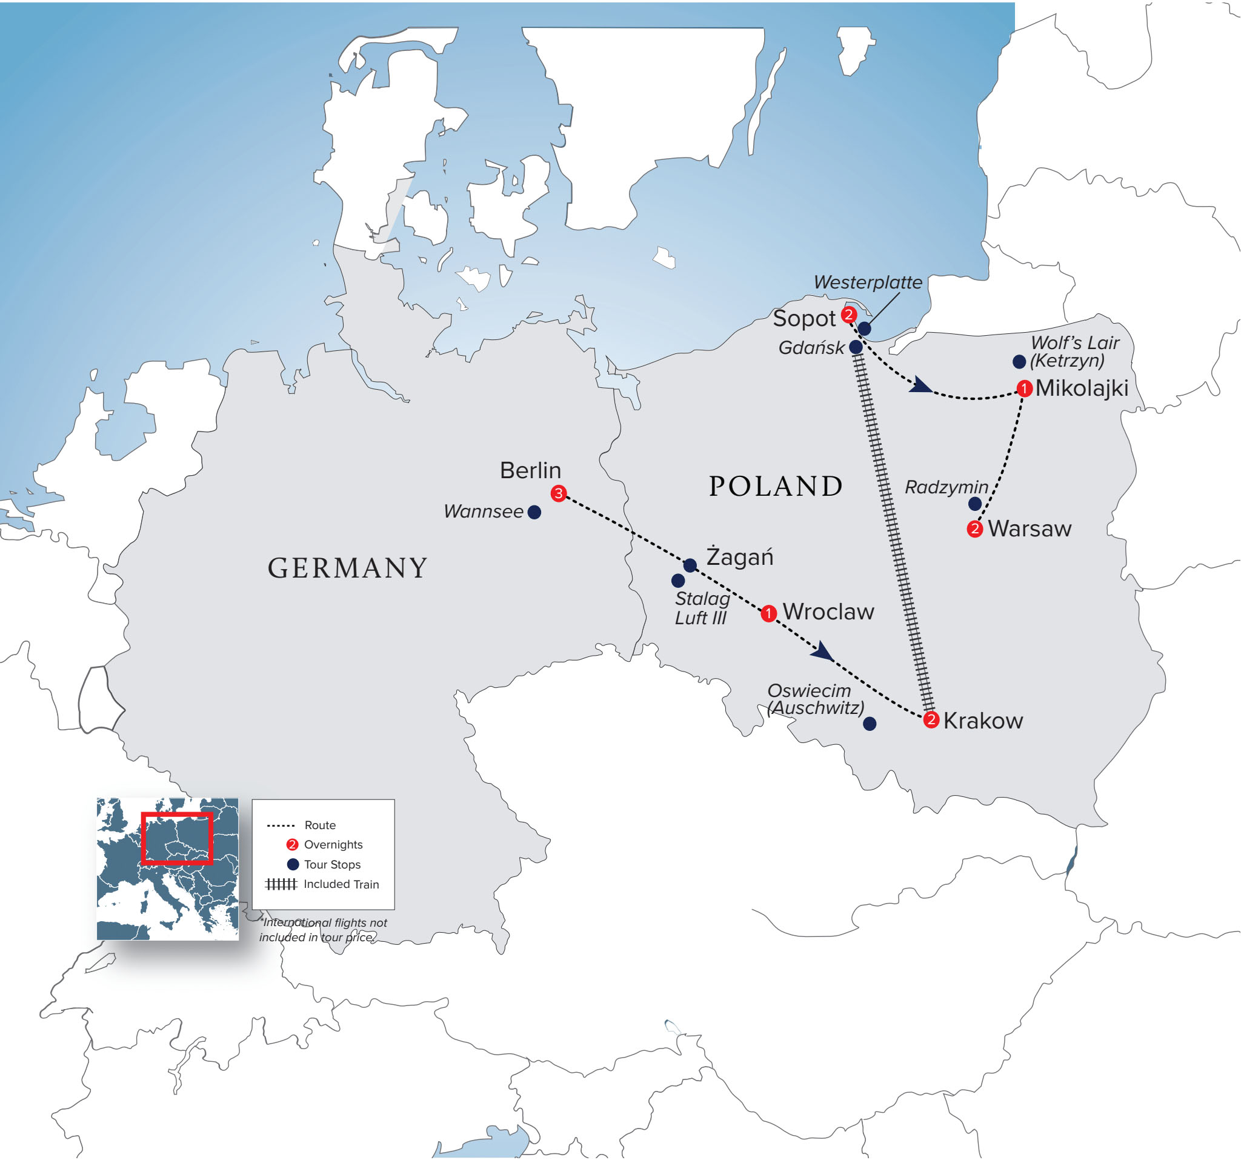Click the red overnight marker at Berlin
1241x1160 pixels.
(x=558, y=494)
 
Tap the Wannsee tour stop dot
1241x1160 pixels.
(x=534, y=513)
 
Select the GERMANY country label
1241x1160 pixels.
(x=347, y=568)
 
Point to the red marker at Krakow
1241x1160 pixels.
(x=931, y=720)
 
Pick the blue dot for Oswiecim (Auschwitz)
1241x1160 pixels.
(x=870, y=724)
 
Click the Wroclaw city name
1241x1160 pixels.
(x=828, y=612)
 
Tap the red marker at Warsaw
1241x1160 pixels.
(x=974, y=530)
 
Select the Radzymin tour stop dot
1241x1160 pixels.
(x=975, y=504)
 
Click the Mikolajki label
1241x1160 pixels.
(x=1081, y=388)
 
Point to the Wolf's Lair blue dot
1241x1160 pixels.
(x=1019, y=361)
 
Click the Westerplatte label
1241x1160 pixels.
(x=868, y=282)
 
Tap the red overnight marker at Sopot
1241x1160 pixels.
(x=848, y=315)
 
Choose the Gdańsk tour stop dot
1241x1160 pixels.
(x=856, y=347)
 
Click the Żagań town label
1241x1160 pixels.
(x=739, y=557)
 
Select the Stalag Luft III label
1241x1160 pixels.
(x=702, y=608)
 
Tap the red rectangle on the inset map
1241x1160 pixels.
(x=178, y=838)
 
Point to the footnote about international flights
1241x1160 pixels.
(x=323, y=930)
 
